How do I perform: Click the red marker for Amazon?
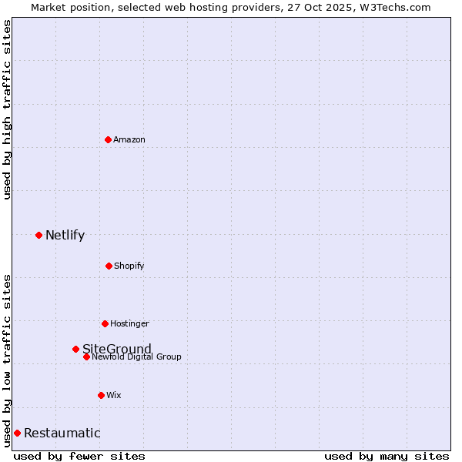[108, 139]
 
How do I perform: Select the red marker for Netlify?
[38, 235]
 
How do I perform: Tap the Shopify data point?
[109, 266]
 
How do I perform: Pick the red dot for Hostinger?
[105, 323]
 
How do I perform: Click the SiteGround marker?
[75, 349]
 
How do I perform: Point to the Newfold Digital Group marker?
[86, 357]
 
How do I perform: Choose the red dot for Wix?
[101, 395]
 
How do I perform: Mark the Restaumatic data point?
[17, 433]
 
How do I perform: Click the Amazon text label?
[129, 139]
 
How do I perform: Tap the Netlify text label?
[65, 236]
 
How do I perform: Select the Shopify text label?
[129, 266]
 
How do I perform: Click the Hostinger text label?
[129, 323]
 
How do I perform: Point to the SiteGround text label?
[117, 349]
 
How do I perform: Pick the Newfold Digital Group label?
[137, 357]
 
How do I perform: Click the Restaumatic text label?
[62, 434]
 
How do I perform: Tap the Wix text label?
[114, 395]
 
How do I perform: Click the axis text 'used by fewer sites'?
[79, 456]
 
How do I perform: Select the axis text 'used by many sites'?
[387, 456]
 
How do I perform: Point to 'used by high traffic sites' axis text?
[7, 109]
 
